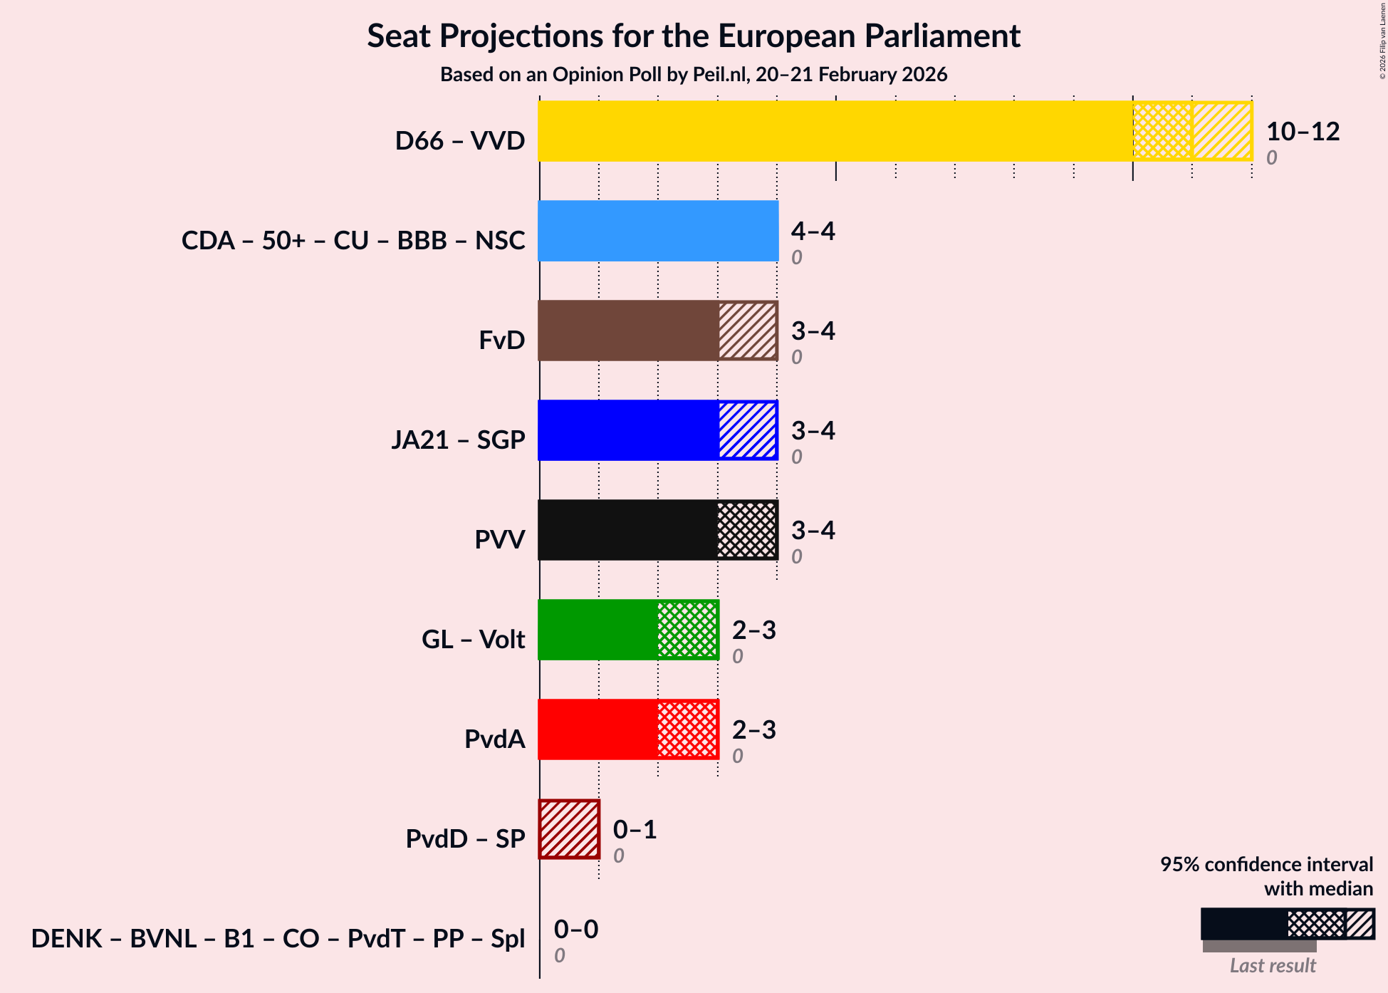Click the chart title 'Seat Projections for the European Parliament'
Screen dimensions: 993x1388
click(694, 36)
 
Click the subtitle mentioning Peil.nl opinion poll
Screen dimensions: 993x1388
click(694, 75)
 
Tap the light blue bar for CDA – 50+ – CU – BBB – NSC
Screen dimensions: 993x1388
click(658, 231)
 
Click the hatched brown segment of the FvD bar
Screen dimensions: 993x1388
click(747, 331)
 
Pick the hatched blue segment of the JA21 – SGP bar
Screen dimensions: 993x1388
click(747, 430)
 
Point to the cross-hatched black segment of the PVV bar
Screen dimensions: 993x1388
click(747, 530)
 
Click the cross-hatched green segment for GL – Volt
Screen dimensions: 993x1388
click(687, 630)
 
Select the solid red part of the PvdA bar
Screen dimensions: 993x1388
click(598, 729)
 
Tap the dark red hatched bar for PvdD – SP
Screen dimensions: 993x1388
click(569, 829)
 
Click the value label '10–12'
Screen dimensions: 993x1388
click(1303, 131)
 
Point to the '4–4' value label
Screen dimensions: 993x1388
click(813, 231)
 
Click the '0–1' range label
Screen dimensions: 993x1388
click(635, 829)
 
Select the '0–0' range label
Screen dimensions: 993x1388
click(575, 929)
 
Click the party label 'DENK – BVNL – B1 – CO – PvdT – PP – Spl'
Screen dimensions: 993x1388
click(278, 939)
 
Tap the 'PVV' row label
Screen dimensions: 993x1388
click(500, 540)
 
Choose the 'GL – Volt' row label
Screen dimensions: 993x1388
click(473, 640)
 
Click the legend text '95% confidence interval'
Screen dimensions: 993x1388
click(1266, 864)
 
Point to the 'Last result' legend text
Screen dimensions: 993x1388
click(1273, 966)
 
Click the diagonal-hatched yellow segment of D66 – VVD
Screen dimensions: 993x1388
click(1222, 131)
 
